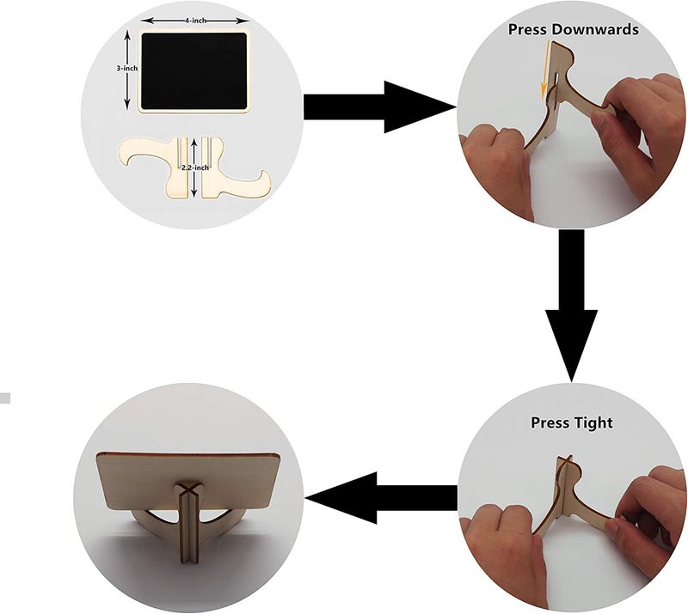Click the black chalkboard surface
(x=194, y=71)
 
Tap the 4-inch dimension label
(x=195, y=21)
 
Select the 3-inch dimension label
(x=126, y=69)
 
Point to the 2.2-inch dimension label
(x=195, y=167)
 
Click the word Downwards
(x=595, y=29)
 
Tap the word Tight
(x=593, y=423)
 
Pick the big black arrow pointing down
(x=571, y=306)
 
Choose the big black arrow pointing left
(x=381, y=498)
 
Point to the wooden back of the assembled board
(x=188, y=480)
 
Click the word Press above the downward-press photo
(x=527, y=29)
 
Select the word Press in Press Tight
(x=550, y=423)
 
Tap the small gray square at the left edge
(x=5, y=398)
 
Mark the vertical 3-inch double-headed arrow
(x=127, y=70)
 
